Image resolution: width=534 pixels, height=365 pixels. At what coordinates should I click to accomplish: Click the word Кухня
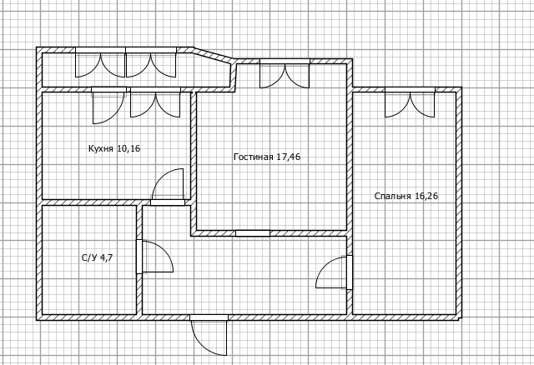[100, 148]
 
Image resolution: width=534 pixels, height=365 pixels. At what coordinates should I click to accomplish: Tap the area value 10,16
[128, 148]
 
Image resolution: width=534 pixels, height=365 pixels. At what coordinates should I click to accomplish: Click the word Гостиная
[254, 157]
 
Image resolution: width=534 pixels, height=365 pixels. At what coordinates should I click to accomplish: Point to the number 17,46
[289, 157]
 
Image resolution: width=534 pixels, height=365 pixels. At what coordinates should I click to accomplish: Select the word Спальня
[393, 197]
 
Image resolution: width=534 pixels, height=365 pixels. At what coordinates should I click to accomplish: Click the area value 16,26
[426, 197]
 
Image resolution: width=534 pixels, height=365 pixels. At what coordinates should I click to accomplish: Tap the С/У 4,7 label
[98, 257]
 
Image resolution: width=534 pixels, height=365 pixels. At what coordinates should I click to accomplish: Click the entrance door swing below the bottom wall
[209, 335]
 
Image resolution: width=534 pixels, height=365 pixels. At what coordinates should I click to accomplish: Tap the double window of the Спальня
[410, 102]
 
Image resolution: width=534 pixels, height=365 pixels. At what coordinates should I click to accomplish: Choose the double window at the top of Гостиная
[285, 73]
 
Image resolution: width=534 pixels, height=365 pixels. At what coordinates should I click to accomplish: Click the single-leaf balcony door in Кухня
[108, 106]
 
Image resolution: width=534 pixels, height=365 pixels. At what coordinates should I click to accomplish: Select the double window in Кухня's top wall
[155, 102]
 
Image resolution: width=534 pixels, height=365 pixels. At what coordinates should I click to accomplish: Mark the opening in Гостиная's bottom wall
[253, 233]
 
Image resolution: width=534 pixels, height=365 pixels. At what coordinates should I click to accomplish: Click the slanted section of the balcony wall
[214, 56]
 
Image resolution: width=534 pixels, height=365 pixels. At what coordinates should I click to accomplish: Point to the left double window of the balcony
[100, 62]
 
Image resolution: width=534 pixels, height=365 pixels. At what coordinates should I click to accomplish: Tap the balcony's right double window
[151, 62]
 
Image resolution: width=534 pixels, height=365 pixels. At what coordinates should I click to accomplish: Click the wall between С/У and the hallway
[139, 260]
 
